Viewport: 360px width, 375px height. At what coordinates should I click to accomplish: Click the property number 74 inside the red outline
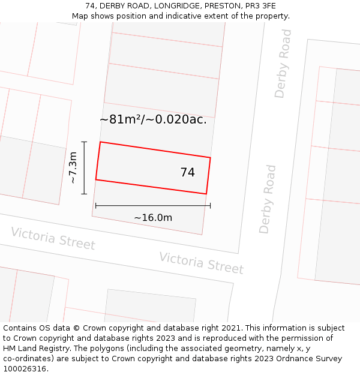point(187,173)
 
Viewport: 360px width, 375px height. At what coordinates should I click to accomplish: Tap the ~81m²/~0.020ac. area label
point(153,119)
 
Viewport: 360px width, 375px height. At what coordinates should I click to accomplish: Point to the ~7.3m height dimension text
point(73,168)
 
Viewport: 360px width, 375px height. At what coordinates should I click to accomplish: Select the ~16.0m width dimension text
point(153,217)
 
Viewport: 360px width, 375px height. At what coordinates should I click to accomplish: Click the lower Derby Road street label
point(268,199)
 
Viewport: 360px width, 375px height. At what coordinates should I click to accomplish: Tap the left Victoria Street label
point(53,239)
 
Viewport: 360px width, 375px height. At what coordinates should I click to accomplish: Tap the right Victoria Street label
point(201,263)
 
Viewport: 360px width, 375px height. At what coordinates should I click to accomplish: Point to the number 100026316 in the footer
point(25,369)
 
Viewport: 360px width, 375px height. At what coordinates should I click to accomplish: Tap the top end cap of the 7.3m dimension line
point(84,142)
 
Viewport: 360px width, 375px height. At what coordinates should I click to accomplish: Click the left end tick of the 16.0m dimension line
point(96,206)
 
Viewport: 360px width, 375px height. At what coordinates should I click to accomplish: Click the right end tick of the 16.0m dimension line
point(210,206)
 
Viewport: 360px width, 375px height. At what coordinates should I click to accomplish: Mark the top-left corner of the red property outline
point(100,142)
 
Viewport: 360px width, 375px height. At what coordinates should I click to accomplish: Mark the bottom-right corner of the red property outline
point(206,194)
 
